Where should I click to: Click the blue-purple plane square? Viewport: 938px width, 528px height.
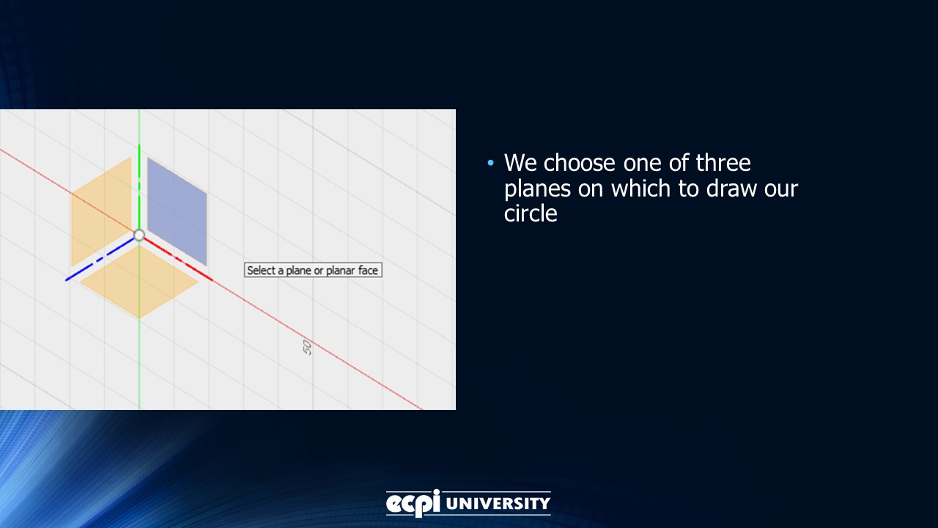(177, 211)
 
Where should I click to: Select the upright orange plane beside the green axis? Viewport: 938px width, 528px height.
(101, 211)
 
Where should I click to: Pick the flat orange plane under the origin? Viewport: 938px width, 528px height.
(139, 282)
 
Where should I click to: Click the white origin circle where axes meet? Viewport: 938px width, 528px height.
(139, 235)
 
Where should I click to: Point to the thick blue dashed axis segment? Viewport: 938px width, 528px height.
(95, 263)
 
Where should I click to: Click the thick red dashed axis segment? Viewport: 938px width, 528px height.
(180, 260)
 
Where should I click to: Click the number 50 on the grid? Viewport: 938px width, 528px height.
(308, 348)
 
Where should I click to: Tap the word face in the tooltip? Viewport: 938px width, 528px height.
(368, 271)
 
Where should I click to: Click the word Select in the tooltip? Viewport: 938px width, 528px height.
(261, 271)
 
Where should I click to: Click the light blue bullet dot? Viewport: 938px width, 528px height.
(491, 162)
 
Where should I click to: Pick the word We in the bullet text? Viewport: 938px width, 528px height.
(521, 162)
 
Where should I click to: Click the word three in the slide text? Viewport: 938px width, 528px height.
(723, 162)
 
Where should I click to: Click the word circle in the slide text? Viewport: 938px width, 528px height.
(531, 213)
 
